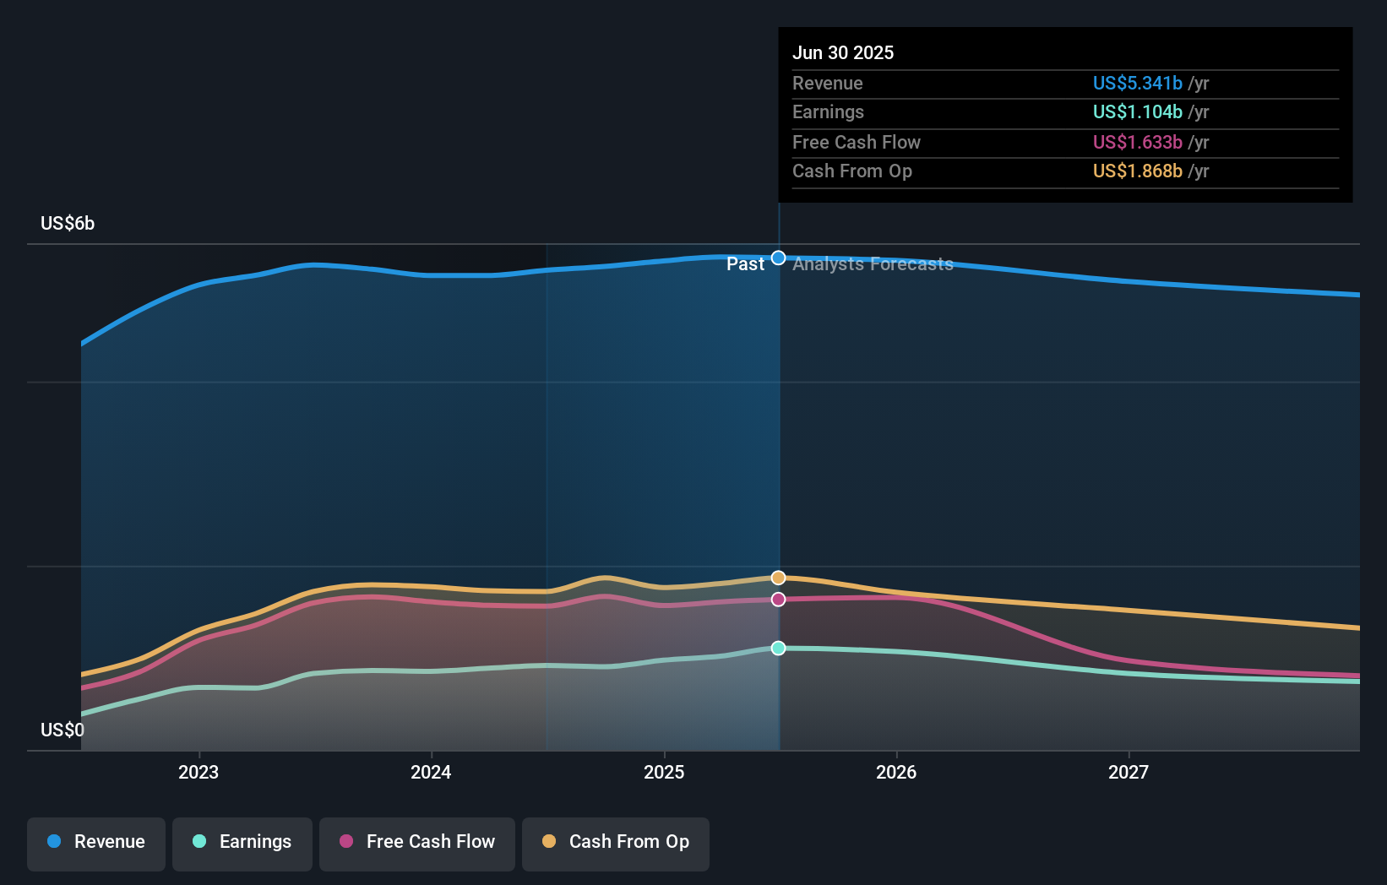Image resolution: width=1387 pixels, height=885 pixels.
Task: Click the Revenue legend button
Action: pos(96,842)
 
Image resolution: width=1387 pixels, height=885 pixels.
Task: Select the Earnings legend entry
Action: pos(242,842)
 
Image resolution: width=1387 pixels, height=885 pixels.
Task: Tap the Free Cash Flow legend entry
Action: pos(417,842)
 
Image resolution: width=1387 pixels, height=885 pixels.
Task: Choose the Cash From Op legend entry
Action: pos(616,842)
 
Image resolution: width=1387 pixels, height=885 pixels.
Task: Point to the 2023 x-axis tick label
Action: pos(199,772)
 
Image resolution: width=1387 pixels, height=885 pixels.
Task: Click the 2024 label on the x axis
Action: pos(431,772)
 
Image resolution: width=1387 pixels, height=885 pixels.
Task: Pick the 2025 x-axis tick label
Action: pos(664,772)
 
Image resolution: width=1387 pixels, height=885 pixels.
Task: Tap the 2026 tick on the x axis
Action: pos(896,772)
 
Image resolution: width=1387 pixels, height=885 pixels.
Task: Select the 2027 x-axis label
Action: pos(1129,772)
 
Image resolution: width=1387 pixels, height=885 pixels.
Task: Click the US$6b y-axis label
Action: pos(68,224)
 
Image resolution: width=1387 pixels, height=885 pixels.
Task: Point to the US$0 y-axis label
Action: pos(63,730)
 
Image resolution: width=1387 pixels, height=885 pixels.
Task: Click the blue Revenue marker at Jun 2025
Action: pos(779,258)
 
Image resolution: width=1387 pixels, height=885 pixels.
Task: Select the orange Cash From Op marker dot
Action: pos(779,578)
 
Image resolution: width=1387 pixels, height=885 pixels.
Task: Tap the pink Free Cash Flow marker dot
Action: pos(779,600)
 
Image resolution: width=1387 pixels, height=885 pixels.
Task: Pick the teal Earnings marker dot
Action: pos(779,648)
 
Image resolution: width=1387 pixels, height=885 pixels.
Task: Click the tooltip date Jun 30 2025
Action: pos(843,52)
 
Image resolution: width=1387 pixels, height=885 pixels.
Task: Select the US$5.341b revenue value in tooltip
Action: pos(1137,83)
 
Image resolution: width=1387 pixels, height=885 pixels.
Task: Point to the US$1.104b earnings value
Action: pos(1137,111)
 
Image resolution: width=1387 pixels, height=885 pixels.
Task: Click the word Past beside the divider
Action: pos(745,264)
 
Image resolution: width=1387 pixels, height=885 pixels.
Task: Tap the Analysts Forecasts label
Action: pos(873,264)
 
